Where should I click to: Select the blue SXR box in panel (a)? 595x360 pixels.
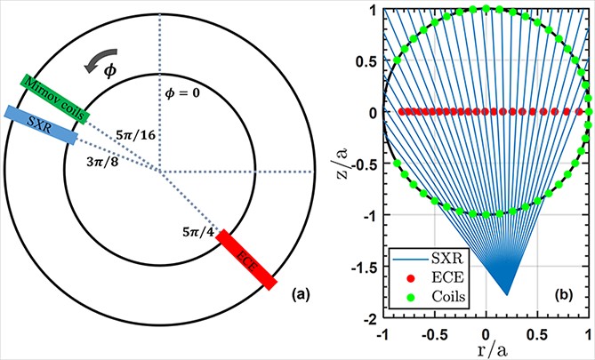point(40,124)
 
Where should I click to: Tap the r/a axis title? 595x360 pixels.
point(486,350)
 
